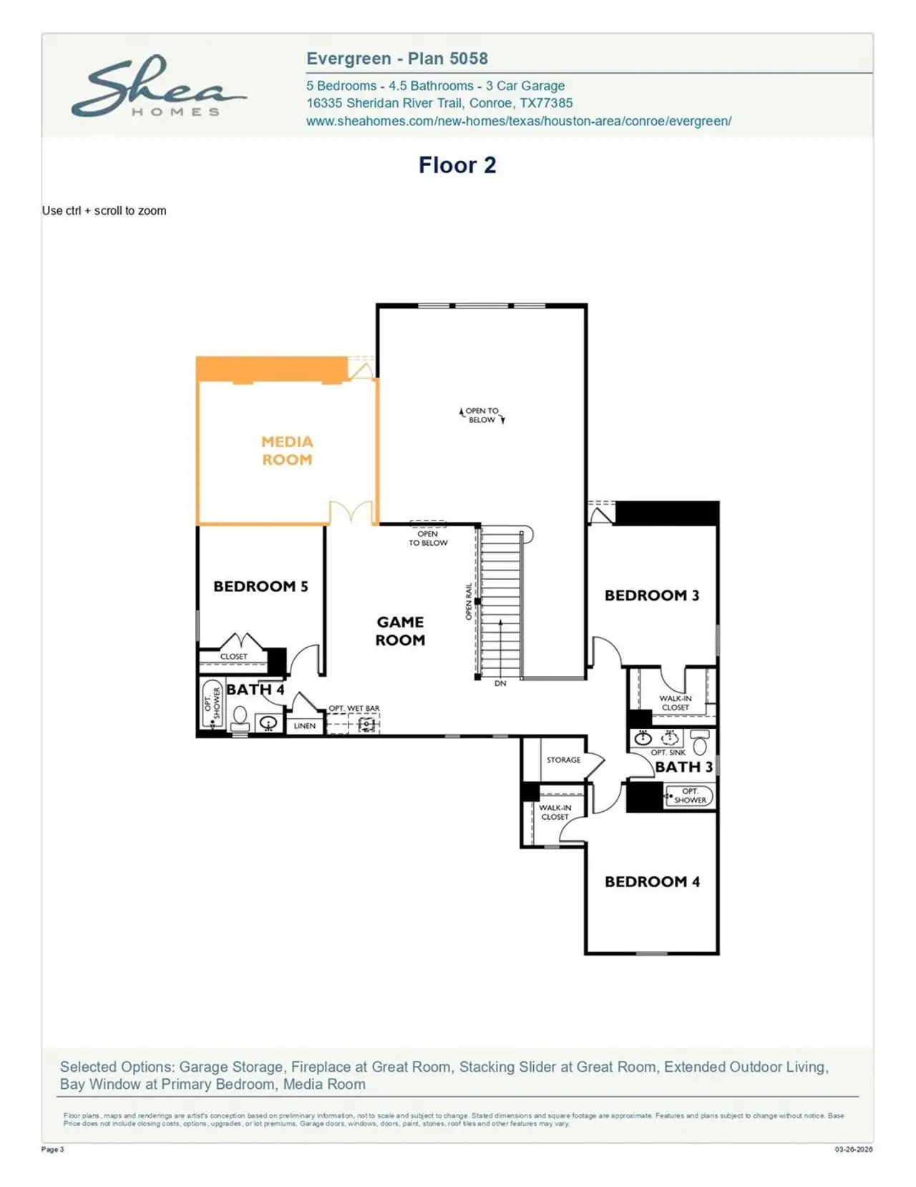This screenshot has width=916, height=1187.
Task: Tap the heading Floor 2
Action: pos(457,165)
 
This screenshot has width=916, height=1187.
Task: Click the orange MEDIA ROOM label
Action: pos(287,450)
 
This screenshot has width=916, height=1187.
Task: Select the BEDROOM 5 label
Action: pos(260,586)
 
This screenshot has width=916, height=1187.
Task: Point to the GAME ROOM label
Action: pos(400,631)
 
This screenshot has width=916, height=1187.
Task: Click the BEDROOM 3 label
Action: pos(651,596)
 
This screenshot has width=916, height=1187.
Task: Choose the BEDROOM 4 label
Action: pos(652,882)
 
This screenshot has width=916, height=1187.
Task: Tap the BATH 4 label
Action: pos(255,689)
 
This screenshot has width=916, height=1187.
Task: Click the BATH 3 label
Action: pos(683,767)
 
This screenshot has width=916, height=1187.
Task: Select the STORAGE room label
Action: pos(563,760)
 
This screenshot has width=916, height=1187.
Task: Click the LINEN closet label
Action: pos(304,726)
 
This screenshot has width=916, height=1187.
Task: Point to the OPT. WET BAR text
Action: pos(354,708)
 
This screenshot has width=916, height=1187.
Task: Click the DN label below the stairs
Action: pos(500,684)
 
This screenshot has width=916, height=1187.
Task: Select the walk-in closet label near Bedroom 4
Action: pos(555,812)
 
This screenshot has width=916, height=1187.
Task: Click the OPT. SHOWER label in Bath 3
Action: pos(689,795)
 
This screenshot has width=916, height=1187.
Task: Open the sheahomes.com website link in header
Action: pos(518,121)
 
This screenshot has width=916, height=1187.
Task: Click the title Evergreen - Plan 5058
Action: pos(396,59)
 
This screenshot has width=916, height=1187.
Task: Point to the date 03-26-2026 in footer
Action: pos(853,1150)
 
